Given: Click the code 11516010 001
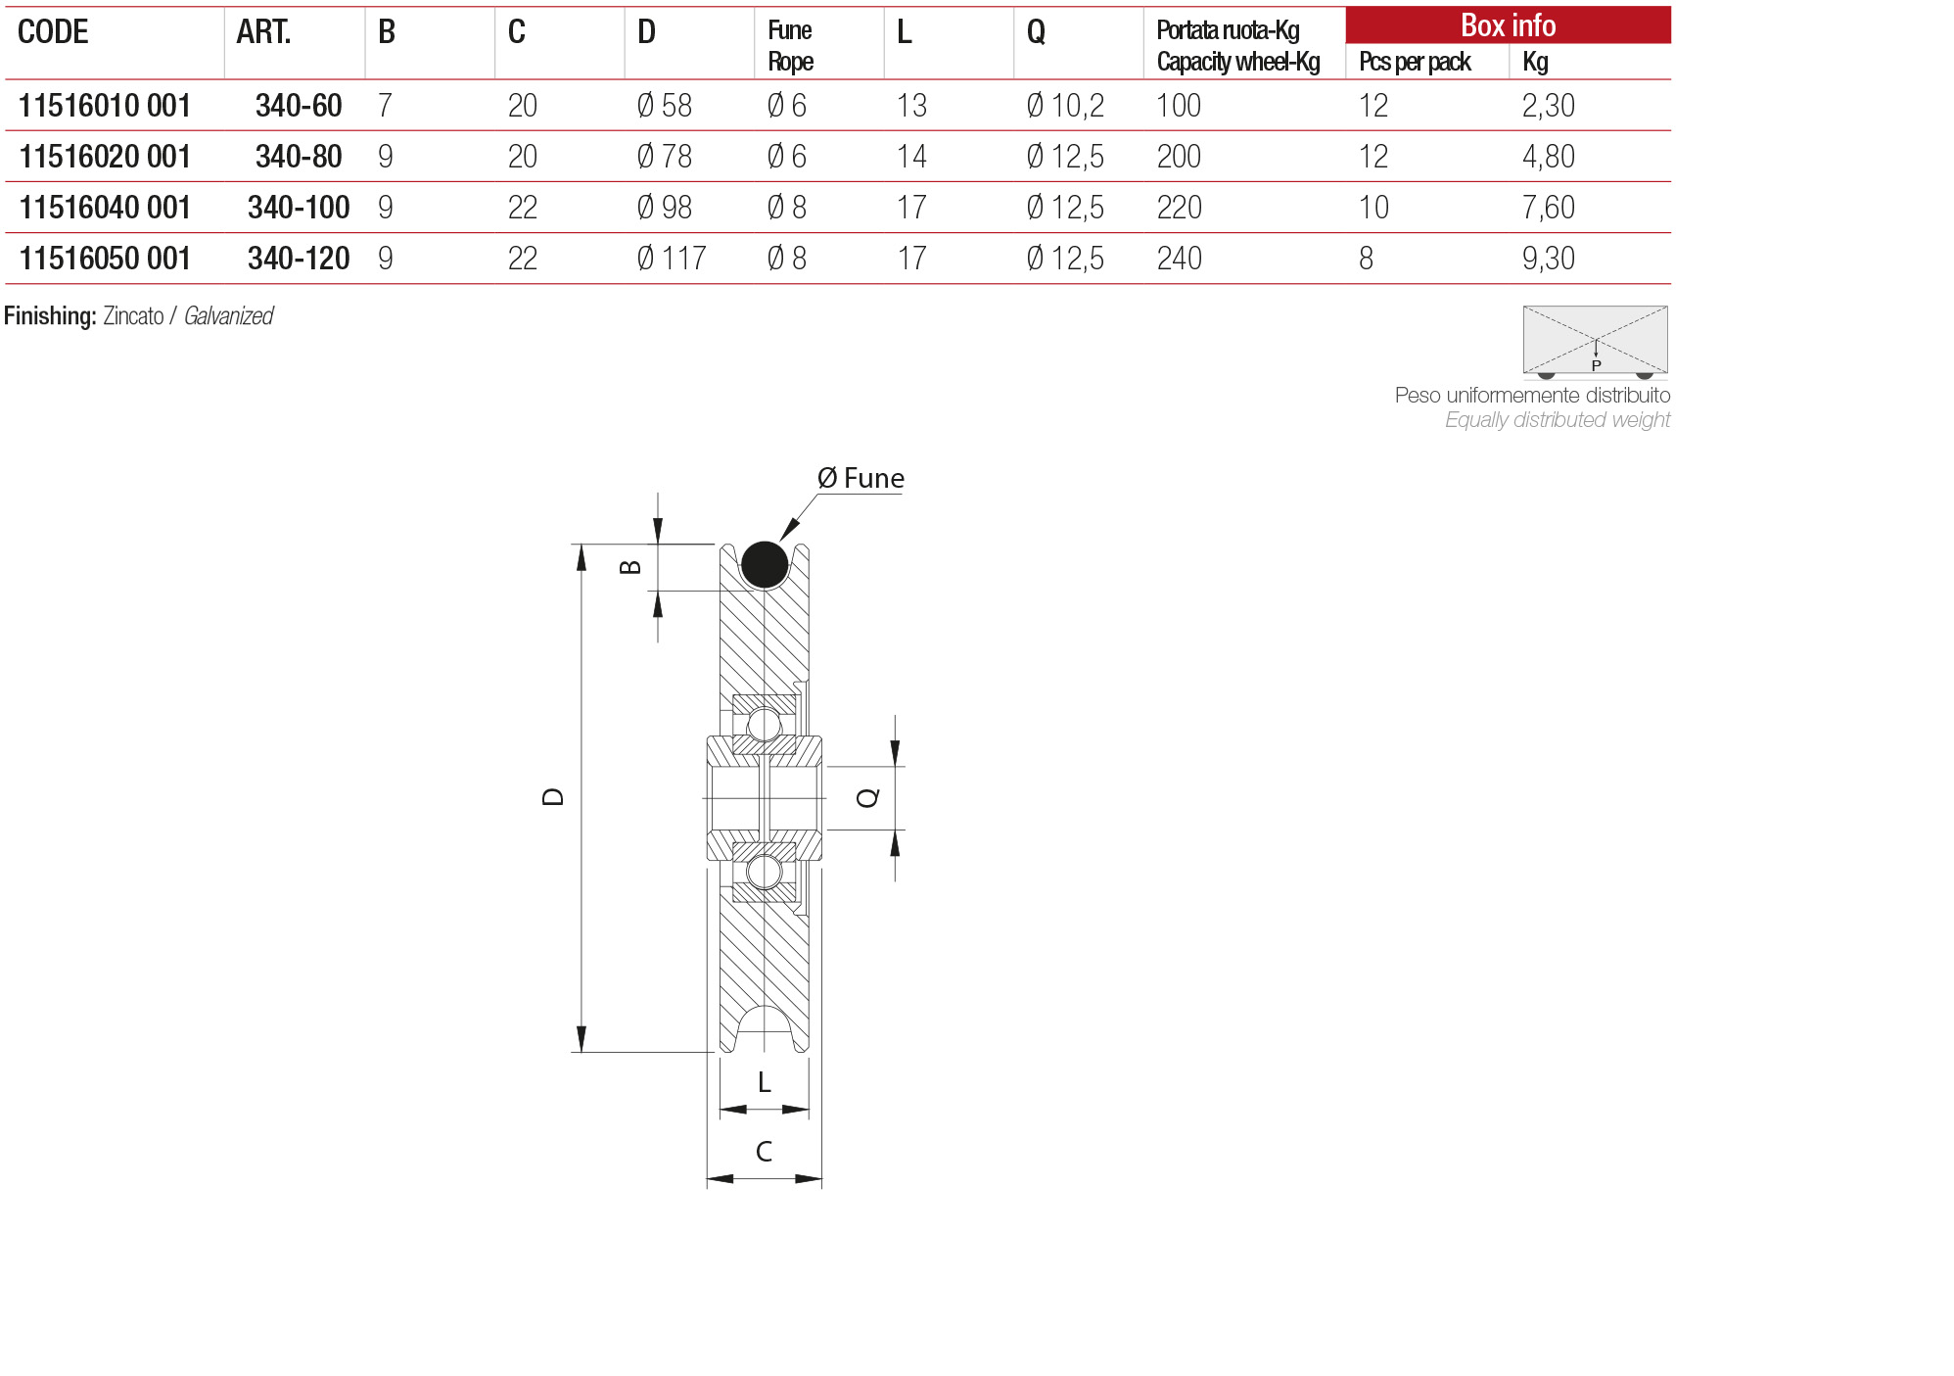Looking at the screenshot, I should [104, 106].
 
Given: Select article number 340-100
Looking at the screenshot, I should [299, 208].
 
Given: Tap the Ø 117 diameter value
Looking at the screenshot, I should [671, 259].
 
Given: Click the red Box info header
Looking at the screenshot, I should [1507, 25].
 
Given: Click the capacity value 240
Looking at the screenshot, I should [1179, 259].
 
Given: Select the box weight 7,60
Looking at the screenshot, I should [1548, 208].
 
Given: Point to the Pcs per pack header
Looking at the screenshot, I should [1414, 62].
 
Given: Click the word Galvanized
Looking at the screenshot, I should [228, 316].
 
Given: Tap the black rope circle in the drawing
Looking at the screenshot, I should [764, 564].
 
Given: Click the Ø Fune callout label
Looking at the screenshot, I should [860, 479].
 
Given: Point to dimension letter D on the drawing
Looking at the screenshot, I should [553, 797].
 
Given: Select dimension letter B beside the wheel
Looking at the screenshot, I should [631, 567].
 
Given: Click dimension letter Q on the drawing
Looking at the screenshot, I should [867, 798].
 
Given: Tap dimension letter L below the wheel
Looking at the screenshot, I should [764, 1082].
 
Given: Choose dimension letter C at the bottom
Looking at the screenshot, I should [764, 1152].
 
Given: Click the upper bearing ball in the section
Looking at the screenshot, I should [764, 725].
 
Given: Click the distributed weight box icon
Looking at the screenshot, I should [1595, 341].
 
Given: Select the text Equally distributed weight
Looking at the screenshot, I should [1557, 420].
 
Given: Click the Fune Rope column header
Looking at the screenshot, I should [790, 46].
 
